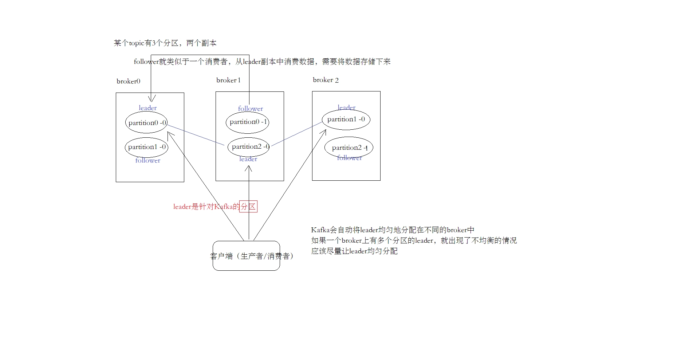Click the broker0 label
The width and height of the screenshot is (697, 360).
click(128, 81)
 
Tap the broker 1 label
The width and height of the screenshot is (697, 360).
click(228, 80)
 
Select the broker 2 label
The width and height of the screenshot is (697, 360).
click(326, 80)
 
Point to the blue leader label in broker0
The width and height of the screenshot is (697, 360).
click(147, 108)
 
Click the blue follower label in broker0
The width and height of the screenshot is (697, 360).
click(147, 160)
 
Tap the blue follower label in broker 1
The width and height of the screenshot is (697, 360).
click(251, 109)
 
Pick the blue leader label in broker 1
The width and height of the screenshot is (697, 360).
click(248, 159)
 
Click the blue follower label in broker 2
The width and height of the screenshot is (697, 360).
click(349, 158)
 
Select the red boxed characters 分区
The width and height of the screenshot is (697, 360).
click(248, 207)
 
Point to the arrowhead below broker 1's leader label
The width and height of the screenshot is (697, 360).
click(248, 168)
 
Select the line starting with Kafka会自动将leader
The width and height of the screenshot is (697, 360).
click(393, 230)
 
